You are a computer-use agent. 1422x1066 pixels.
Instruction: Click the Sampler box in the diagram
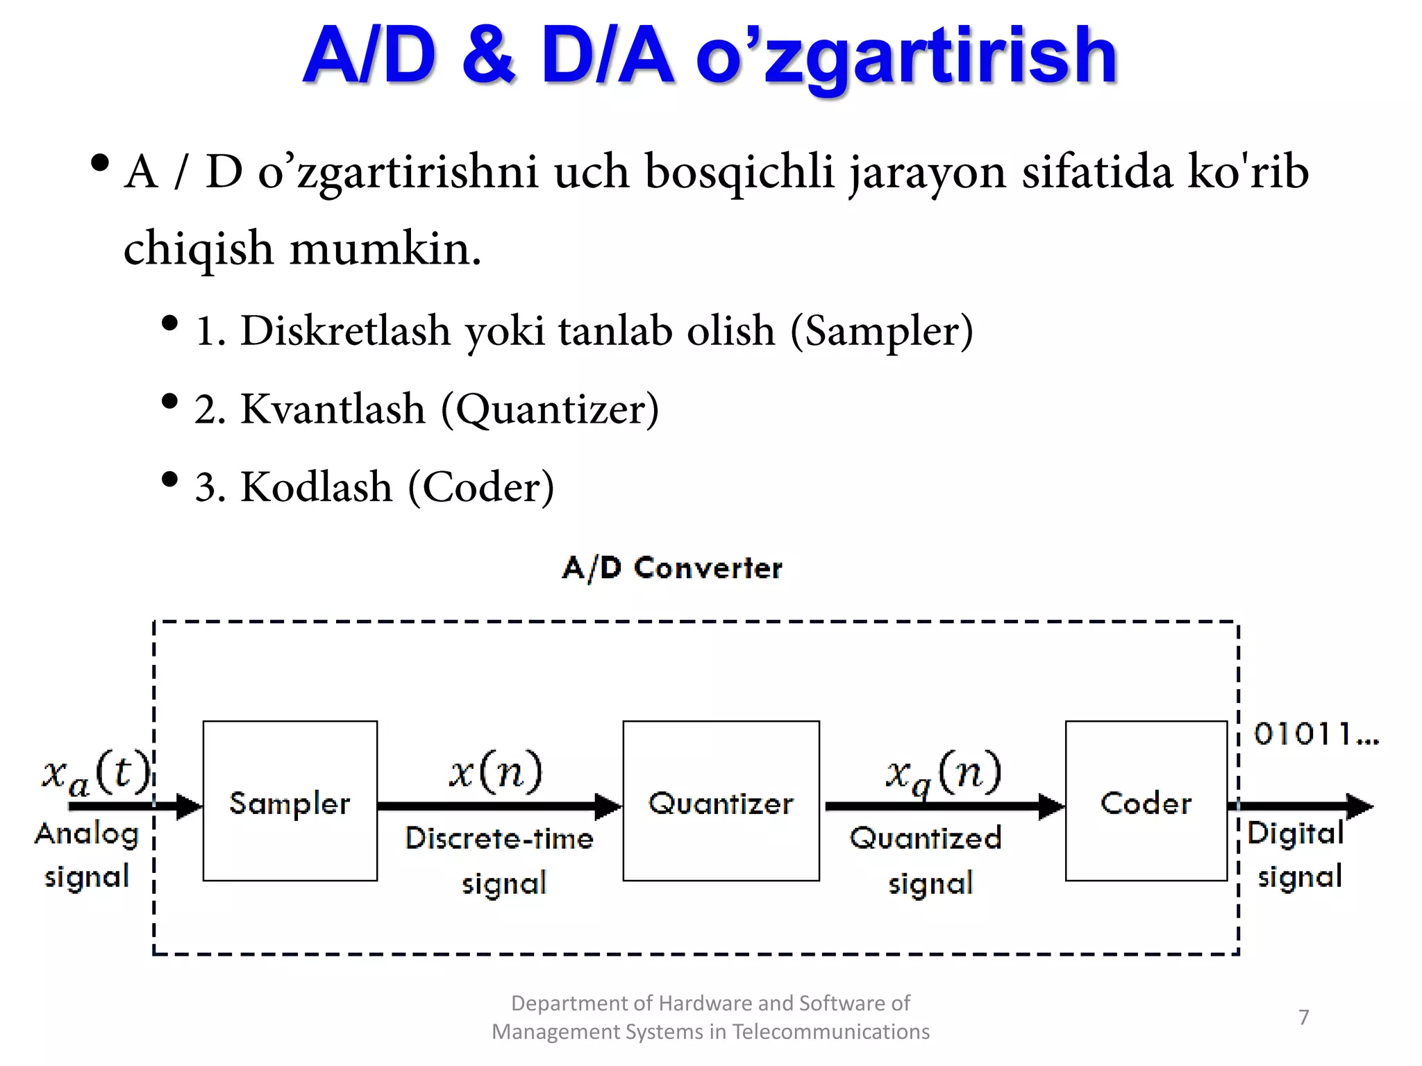tap(290, 802)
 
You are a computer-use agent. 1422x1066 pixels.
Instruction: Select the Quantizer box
tap(721, 802)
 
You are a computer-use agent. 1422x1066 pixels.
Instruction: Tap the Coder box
tap(1146, 802)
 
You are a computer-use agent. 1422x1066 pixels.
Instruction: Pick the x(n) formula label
tap(496, 771)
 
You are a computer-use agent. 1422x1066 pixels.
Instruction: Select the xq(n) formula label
tap(943, 774)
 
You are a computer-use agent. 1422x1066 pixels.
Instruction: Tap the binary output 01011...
tap(1315, 734)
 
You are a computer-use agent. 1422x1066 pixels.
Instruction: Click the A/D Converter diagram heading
tap(672, 568)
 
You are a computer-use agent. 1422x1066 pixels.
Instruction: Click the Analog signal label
tap(87, 855)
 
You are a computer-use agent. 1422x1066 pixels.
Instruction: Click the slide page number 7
tap(1303, 1017)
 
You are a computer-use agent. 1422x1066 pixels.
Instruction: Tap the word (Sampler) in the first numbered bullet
tap(882, 331)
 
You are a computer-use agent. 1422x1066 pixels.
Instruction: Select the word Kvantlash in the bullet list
tap(333, 409)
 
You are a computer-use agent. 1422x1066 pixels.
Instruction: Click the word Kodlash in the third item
tap(316, 487)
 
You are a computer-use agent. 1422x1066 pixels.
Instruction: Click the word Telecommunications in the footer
tap(830, 1032)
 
